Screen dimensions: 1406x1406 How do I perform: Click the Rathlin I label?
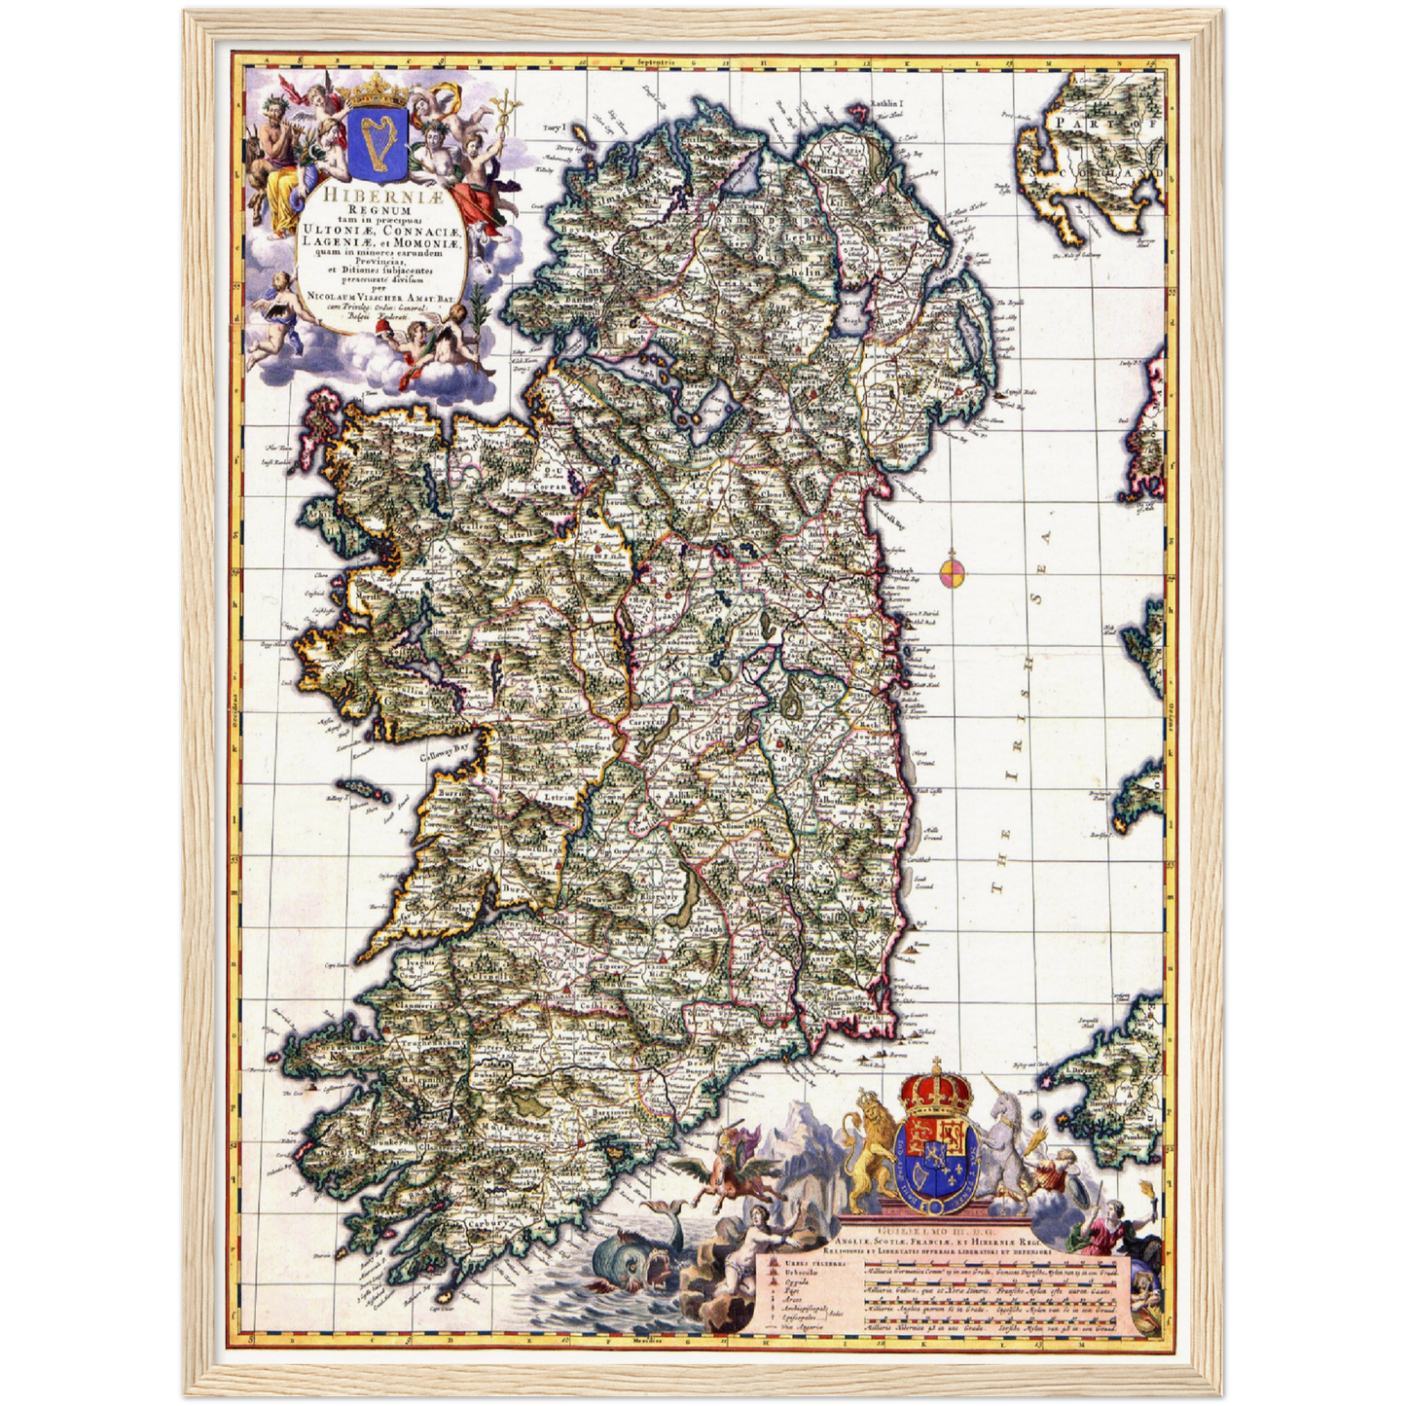click(x=886, y=102)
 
